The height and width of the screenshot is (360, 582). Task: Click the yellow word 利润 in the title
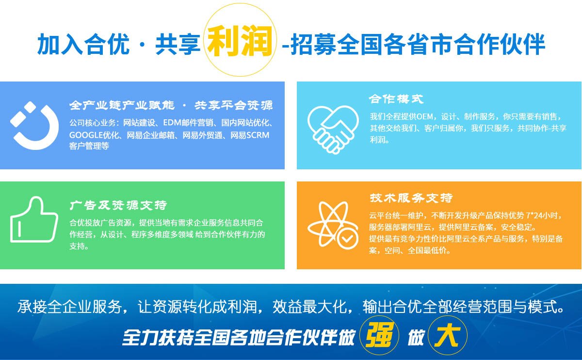click(x=240, y=42)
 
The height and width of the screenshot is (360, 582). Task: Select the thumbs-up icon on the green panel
click(x=34, y=220)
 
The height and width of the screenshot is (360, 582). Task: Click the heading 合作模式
click(x=396, y=99)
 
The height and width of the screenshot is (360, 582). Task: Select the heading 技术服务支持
click(x=411, y=198)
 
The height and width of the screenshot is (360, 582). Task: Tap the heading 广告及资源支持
click(x=118, y=205)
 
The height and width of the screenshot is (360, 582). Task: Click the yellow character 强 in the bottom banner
click(x=379, y=335)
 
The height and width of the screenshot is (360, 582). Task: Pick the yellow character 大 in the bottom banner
click(x=447, y=335)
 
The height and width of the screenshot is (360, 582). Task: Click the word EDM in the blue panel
click(x=172, y=123)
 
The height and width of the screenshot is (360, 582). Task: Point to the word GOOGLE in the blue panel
click(x=86, y=135)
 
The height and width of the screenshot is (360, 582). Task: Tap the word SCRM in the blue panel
click(x=258, y=135)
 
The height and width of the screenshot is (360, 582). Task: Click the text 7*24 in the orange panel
click(x=536, y=215)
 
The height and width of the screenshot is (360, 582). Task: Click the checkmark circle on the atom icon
click(x=347, y=239)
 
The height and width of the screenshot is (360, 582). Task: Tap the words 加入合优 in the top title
click(x=83, y=44)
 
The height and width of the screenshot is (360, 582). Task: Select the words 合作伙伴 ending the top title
click(x=500, y=44)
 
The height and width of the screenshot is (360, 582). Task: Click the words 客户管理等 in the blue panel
click(x=89, y=146)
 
